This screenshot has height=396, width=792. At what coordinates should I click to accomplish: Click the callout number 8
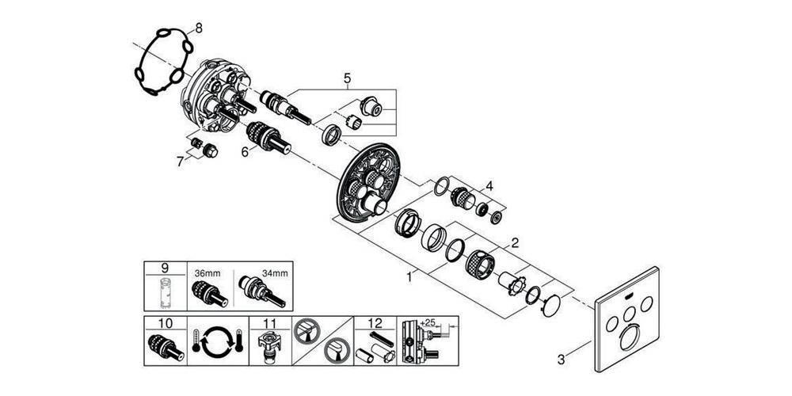click(199, 29)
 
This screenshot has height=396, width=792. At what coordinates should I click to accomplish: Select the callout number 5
click(347, 78)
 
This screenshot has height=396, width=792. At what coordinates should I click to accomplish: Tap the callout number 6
click(245, 151)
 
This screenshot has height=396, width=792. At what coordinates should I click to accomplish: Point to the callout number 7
click(181, 161)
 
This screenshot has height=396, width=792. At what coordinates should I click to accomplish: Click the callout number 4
click(489, 186)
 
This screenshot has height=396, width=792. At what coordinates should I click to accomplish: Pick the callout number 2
click(515, 243)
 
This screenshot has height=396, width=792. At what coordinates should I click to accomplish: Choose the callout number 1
click(409, 276)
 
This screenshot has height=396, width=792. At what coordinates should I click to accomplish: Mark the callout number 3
click(562, 360)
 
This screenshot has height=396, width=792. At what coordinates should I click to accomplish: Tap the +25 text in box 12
click(427, 322)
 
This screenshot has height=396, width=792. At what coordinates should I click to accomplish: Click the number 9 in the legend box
click(166, 268)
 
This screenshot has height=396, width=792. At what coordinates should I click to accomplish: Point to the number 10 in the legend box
click(166, 323)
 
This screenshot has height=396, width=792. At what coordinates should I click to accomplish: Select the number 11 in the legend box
click(270, 323)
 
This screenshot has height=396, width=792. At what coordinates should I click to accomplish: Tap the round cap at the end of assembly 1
click(551, 306)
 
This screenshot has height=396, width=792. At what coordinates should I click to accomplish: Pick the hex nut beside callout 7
click(210, 150)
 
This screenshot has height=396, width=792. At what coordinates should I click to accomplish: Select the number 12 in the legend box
click(375, 323)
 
